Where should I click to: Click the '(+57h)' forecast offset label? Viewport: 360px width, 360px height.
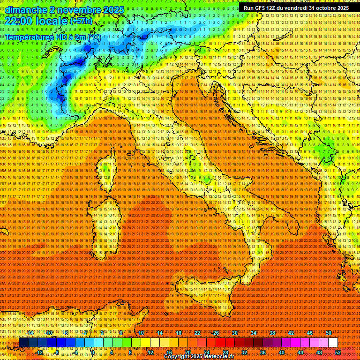[82, 21]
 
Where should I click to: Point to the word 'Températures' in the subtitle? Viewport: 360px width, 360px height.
[29, 37]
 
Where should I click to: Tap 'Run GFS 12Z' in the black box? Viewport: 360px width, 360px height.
[262, 8]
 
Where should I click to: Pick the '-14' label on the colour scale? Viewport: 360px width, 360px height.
[30, 333]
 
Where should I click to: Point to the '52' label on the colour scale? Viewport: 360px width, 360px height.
[338, 352]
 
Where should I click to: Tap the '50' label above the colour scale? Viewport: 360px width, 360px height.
[328, 333]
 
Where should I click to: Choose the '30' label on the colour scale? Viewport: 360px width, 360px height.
[234, 333]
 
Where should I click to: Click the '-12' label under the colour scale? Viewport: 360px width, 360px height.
[40, 352]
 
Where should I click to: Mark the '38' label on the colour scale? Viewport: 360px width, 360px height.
[272, 333]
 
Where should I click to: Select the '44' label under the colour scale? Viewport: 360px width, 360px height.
[300, 352]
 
